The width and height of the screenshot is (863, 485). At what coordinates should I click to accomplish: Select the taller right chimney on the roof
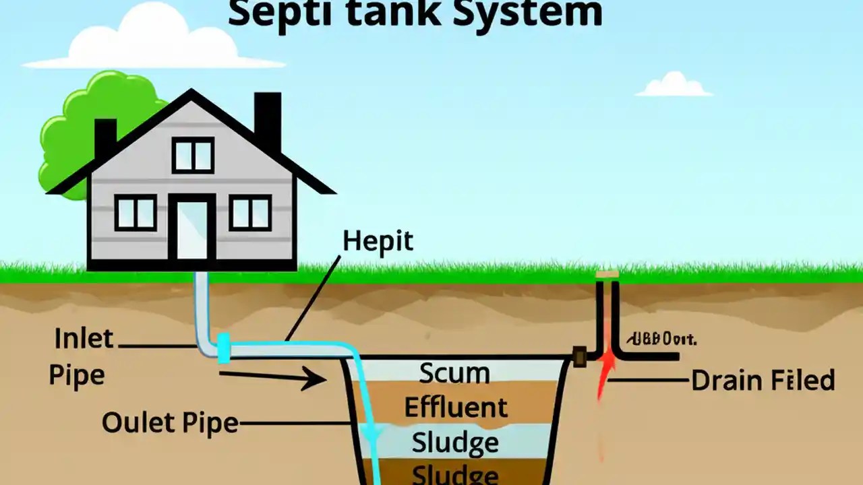[x=267, y=121]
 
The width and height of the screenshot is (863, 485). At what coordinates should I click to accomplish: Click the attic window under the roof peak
[x=193, y=154]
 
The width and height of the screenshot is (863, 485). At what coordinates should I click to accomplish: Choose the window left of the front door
[x=136, y=212]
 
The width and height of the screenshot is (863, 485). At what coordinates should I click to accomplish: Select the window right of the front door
[x=249, y=212]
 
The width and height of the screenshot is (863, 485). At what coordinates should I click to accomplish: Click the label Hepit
[x=378, y=241]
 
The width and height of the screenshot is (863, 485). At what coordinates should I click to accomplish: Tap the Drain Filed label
[x=763, y=381]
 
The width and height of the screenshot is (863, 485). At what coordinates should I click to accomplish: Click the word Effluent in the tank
[x=455, y=408]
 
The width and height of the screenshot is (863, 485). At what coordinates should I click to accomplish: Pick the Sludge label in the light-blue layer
[x=455, y=443]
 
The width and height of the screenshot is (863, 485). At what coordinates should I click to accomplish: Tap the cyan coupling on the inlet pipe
[x=224, y=348]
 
